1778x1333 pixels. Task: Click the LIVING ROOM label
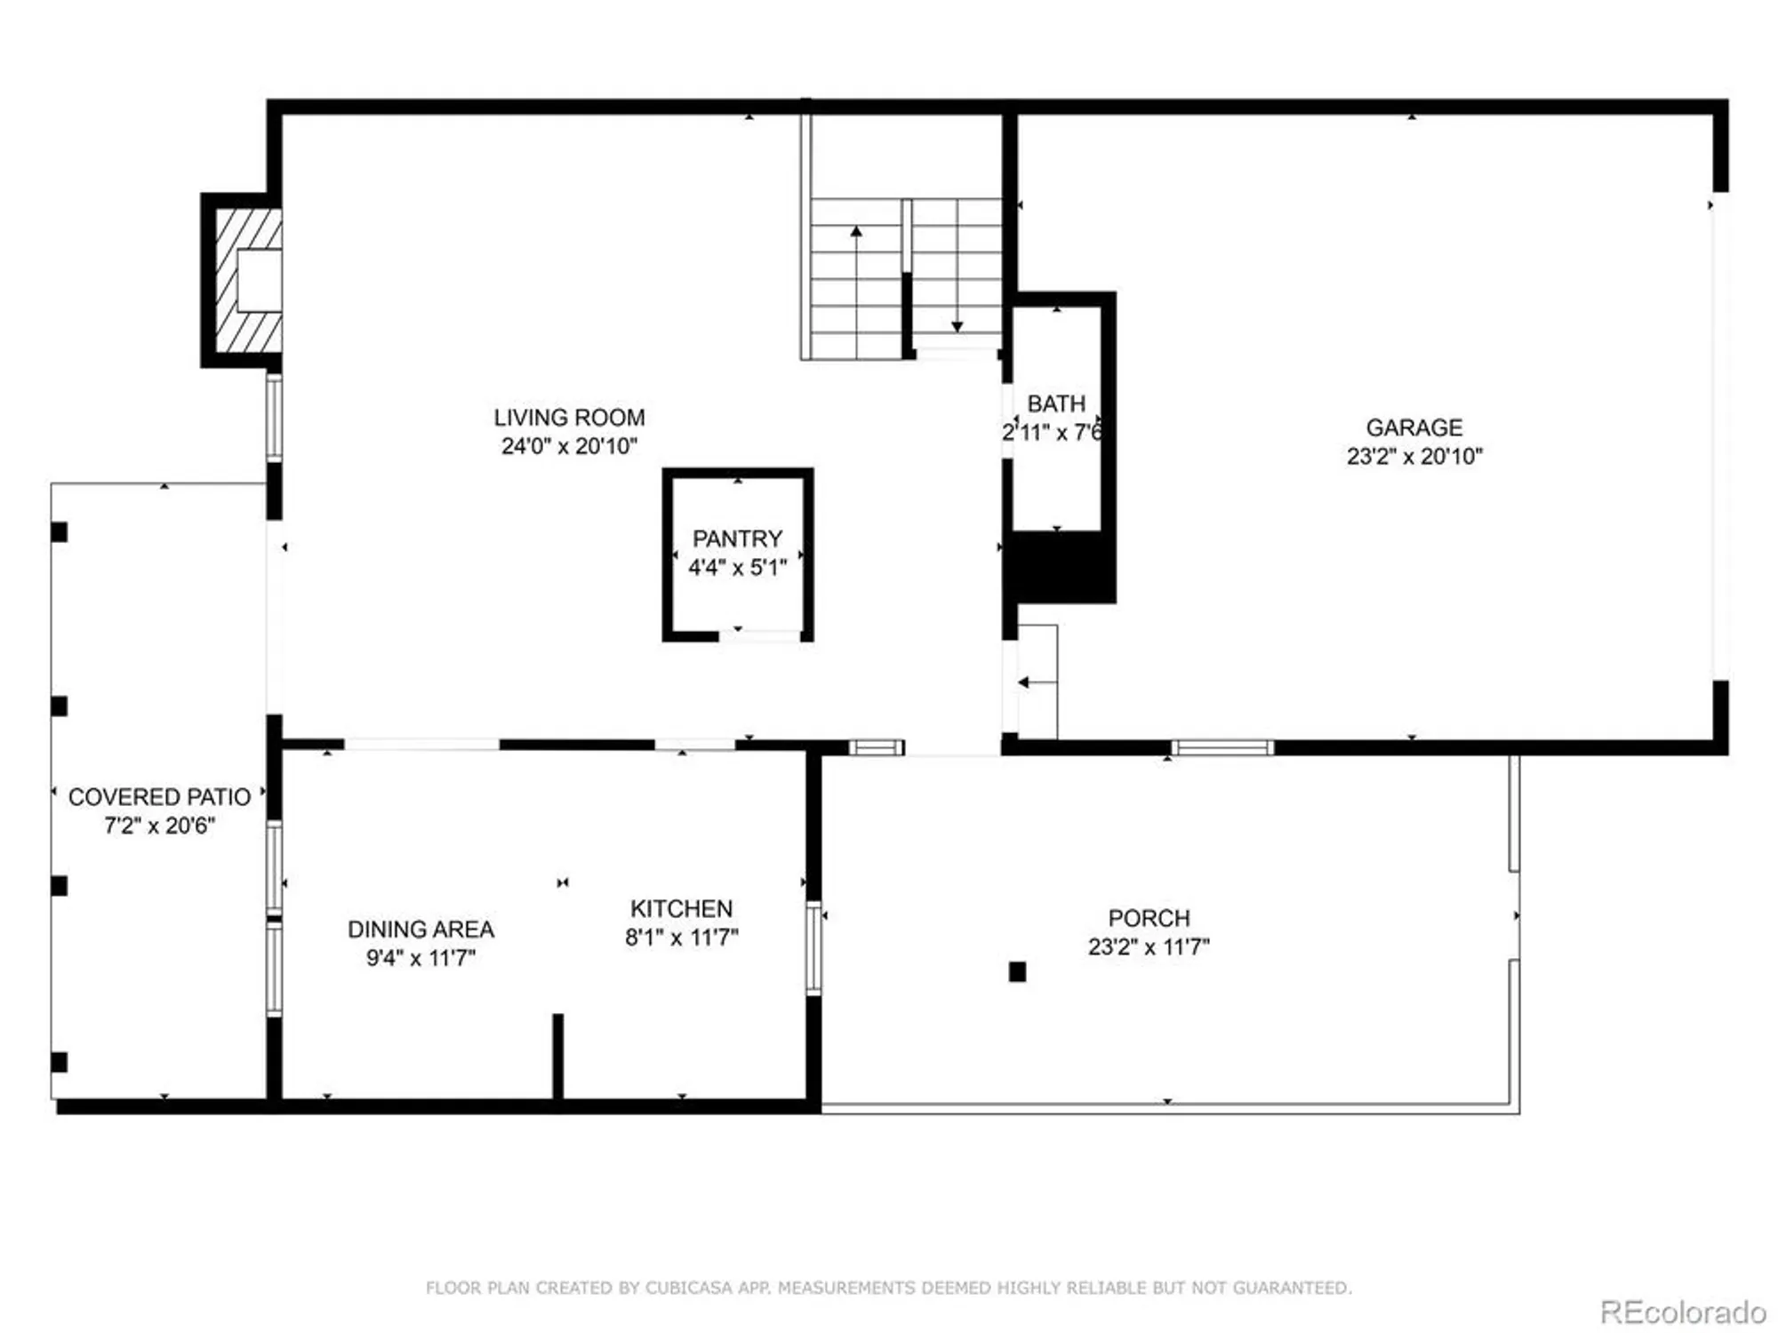point(569,417)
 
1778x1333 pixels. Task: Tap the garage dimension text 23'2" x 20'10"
point(1414,456)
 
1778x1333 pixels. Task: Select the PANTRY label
point(737,539)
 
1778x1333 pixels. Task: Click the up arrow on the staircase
point(856,233)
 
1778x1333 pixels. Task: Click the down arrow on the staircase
point(957,325)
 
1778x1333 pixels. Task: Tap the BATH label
point(1056,403)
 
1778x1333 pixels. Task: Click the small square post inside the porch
point(1017,971)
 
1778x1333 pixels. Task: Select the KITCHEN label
point(681,908)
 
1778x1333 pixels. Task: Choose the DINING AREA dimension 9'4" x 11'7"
point(420,957)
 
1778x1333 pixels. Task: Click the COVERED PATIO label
point(159,796)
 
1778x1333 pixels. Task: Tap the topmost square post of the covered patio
point(59,532)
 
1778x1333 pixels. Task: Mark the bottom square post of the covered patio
point(59,1062)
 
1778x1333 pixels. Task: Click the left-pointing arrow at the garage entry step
point(1024,682)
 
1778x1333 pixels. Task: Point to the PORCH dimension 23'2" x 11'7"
point(1148,946)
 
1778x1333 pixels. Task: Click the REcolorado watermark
point(1682,1312)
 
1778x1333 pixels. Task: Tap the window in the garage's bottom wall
point(1221,747)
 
